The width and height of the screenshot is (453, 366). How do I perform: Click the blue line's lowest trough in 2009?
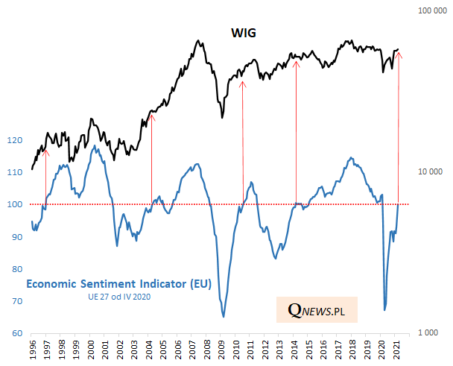tap(224, 317)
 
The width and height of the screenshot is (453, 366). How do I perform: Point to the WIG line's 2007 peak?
tap(197, 41)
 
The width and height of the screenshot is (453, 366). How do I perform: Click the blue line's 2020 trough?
tap(384, 309)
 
